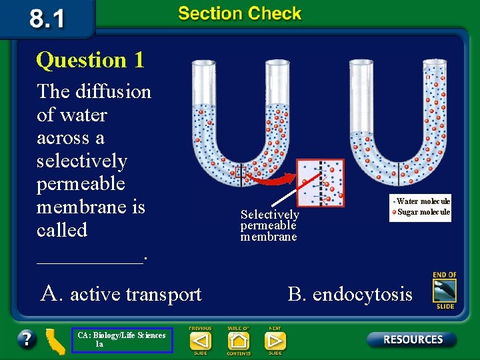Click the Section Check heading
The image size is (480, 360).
[x=240, y=14]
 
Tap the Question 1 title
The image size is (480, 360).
[x=90, y=60]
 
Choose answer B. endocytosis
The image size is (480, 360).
[x=350, y=293]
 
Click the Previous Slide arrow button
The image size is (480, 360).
[x=200, y=340]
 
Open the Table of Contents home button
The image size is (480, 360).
[x=238, y=341]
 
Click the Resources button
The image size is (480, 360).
[x=411, y=339]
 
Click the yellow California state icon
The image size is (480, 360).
[x=53, y=339]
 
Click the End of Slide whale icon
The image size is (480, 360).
[x=444, y=291]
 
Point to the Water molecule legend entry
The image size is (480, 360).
[x=423, y=201]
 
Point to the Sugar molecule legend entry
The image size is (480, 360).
[x=423, y=212]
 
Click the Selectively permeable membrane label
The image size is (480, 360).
[x=269, y=225]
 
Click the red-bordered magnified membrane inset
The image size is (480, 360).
[x=321, y=182]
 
